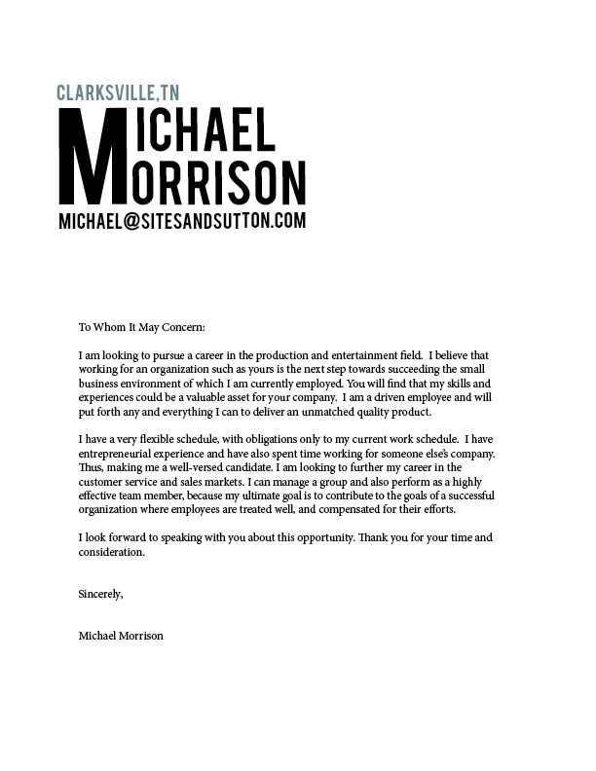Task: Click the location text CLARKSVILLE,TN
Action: click(x=118, y=93)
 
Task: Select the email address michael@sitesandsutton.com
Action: click(x=182, y=221)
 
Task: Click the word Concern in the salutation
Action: click(x=182, y=328)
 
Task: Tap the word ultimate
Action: click(x=324, y=496)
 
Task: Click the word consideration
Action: click(x=111, y=552)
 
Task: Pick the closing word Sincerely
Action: click(x=100, y=594)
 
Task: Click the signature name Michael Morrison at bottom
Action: click(x=121, y=636)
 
